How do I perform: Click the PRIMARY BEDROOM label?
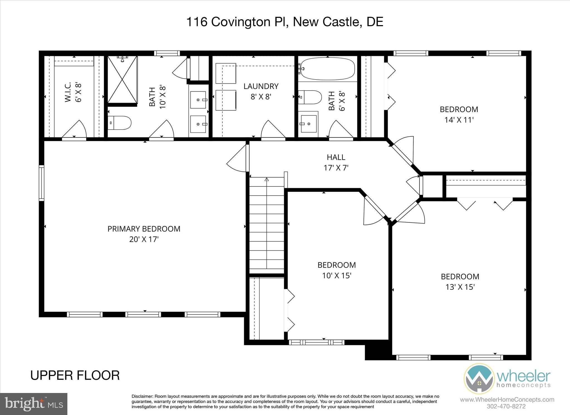(144, 229)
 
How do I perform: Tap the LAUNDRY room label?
(261, 86)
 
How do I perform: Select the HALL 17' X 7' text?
(336, 162)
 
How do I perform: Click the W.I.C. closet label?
(68, 92)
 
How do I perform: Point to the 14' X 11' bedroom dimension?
(459, 120)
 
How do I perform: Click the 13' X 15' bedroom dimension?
(460, 287)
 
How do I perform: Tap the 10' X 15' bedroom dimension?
(336, 276)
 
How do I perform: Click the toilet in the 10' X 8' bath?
(120, 123)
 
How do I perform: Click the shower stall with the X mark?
(122, 79)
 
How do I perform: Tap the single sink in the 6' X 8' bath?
(308, 124)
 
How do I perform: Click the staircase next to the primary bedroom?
(267, 223)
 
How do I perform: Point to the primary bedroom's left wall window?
(41, 183)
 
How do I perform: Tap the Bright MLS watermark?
(34, 404)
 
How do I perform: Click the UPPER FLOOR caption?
(75, 375)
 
